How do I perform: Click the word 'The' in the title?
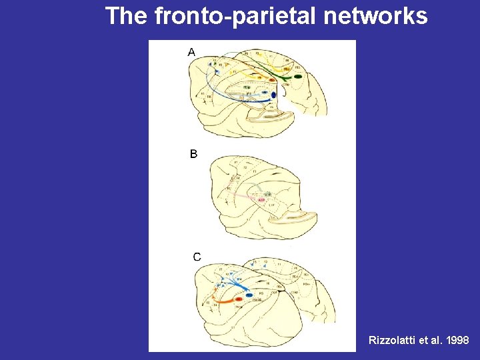coord(127,15)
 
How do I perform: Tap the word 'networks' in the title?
coord(375,15)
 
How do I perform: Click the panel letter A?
coord(192,51)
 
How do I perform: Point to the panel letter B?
coord(193,154)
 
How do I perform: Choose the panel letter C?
coord(197,257)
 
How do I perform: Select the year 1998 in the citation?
coord(457,340)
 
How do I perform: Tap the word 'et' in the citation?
coord(422,340)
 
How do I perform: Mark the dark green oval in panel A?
coord(297,77)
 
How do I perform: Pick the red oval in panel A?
coord(272,80)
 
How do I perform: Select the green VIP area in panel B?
coord(267,193)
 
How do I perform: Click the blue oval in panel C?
coord(249,295)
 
